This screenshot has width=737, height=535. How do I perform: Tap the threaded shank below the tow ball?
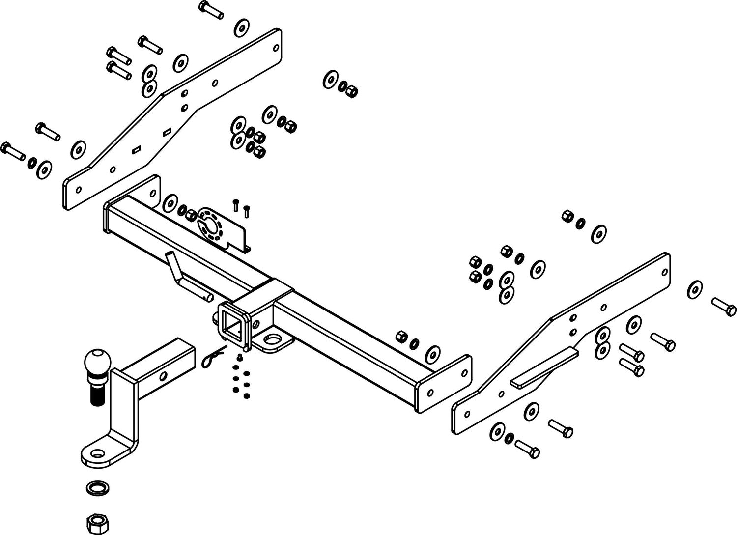coord(95,391)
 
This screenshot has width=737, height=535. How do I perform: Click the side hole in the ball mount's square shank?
coord(163,376)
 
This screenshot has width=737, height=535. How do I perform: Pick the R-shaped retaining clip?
coord(212,357)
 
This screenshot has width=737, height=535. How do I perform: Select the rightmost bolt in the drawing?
coord(724,306)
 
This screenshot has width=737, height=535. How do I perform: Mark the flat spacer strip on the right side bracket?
coord(544,366)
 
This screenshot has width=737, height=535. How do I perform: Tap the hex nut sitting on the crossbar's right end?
coord(401,337)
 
